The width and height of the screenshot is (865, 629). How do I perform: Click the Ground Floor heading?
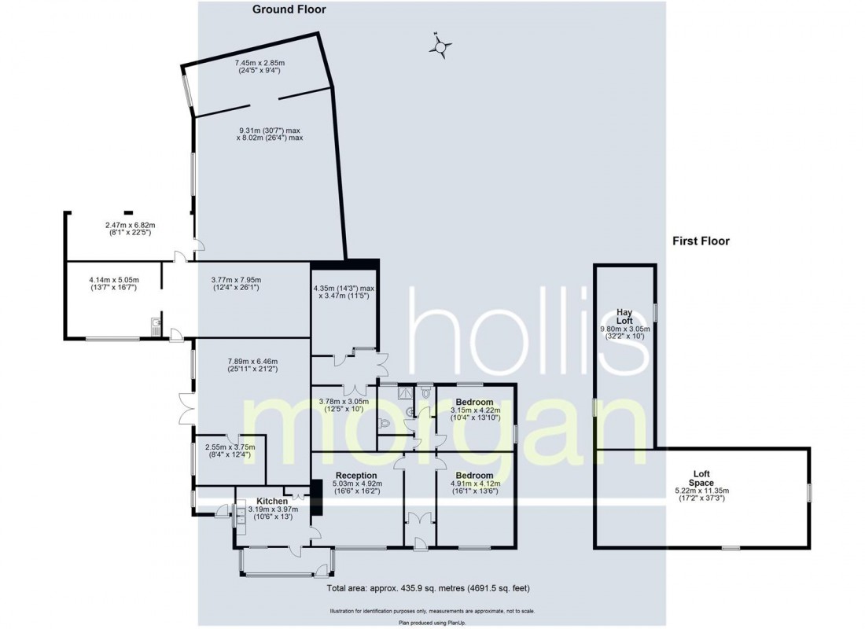click(x=289, y=10)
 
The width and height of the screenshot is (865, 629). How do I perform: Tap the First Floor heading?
click(x=701, y=241)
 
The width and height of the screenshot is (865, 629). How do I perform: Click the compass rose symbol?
click(x=441, y=47)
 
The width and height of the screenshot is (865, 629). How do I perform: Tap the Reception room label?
click(x=356, y=476)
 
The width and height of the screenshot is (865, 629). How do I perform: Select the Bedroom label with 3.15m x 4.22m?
click(x=474, y=401)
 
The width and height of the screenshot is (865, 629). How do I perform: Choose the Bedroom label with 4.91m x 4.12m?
click(x=474, y=476)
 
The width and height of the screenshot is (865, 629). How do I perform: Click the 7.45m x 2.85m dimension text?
click(x=259, y=66)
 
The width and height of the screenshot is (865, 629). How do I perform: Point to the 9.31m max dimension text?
click(x=270, y=134)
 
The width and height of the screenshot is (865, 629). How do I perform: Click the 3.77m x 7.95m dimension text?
click(x=236, y=284)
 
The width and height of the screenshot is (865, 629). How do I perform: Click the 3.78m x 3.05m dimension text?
click(x=342, y=405)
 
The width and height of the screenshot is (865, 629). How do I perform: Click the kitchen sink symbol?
click(x=239, y=513)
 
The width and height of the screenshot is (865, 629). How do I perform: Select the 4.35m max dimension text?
click(x=344, y=293)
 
